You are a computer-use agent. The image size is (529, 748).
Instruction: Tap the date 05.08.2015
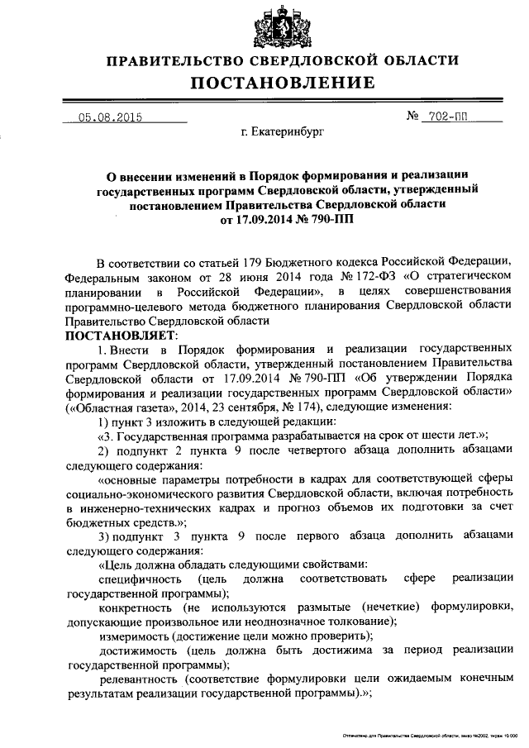click(x=111, y=117)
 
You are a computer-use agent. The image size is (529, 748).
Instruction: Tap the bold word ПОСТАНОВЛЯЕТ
click(x=116, y=336)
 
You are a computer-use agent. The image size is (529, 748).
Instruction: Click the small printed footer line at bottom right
click(x=430, y=733)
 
